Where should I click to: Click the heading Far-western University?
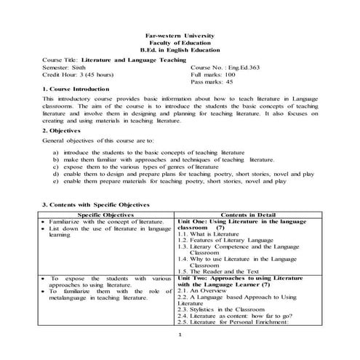tap(180, 34)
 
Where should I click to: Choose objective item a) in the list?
tap(145, 153)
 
